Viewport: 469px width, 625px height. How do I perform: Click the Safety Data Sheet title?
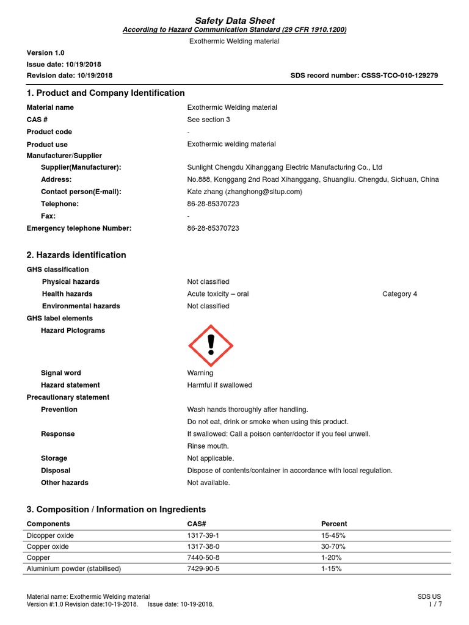click(x=234, y=21)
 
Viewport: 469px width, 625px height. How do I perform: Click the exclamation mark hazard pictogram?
click(x=210, y=346)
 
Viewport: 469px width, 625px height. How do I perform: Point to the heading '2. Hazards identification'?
click(x=76, y=255)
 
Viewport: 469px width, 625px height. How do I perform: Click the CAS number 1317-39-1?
click(x=204, y=535)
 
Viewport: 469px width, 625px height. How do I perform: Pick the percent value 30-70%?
click(x=333, y=546)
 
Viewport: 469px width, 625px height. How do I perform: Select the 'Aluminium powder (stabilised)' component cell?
click(x=74, y=568)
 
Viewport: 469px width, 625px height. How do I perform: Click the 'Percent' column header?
click(x=334, y=524)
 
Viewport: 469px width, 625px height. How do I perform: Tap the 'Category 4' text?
click(x=400, y=294)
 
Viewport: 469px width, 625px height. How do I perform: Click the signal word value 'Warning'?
click(x=200, y=373)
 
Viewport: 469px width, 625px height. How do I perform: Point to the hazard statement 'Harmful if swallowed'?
click(x=219, y=385)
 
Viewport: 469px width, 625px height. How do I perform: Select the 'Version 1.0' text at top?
click(x=45, y=53)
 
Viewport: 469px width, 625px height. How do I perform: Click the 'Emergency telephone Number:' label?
click(x=79, y=228)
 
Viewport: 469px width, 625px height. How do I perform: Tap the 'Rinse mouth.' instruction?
click(x=208, y=446)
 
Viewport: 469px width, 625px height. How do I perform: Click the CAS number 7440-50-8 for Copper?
click(x=204, y=557)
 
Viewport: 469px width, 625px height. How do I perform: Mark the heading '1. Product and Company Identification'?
click(x=106, y=93)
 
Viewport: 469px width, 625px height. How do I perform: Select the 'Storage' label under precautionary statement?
click(x=54, y=458)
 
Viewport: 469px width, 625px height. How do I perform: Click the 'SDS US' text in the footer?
click(x=429, y=596)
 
